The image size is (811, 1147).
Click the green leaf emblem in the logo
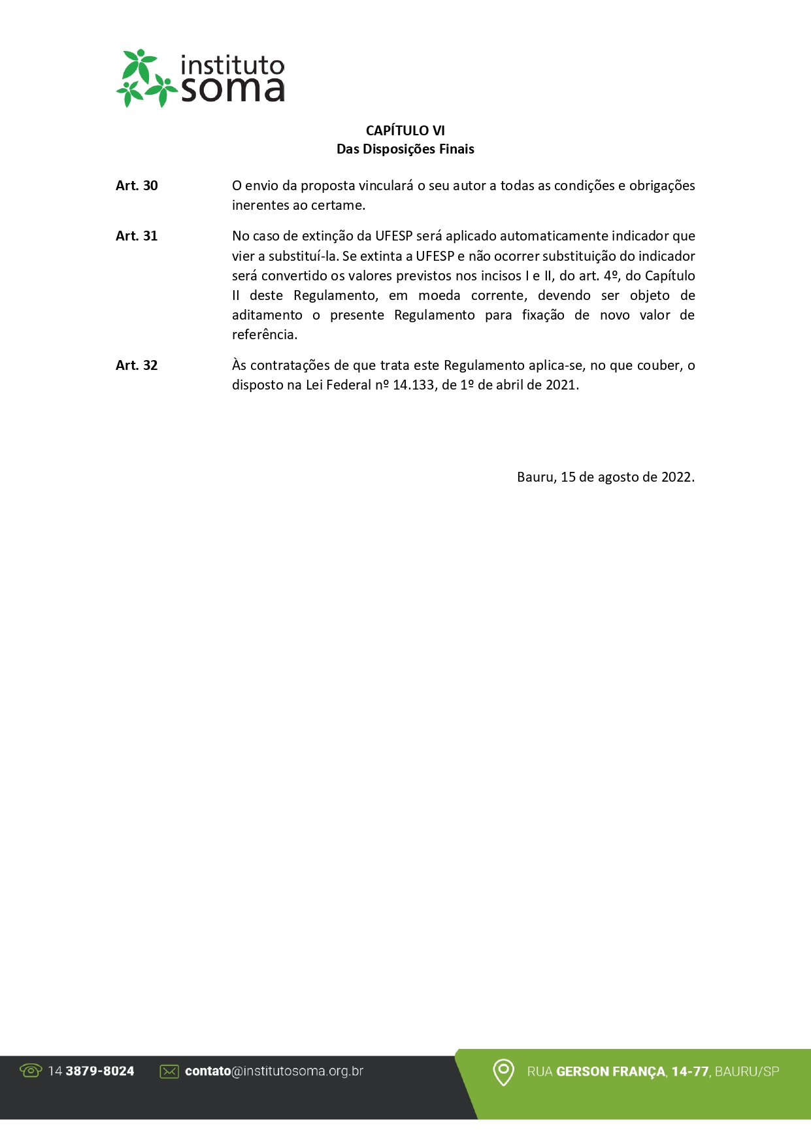click(146, 78)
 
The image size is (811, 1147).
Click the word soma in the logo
click(233, 90)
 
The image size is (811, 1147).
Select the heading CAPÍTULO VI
click(405, 131)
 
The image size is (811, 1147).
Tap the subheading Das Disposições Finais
click(405, 149)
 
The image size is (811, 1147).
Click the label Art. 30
click(137, 186)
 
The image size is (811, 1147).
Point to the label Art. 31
click(137, 236)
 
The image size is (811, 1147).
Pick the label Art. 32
click(137, 365)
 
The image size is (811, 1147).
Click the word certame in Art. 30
click(337, 205)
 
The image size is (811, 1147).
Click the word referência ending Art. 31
click(264, 335)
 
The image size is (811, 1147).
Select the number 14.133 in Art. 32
click(414, 385)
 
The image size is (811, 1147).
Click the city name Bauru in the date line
click(536, 477)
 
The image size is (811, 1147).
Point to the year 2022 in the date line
click(677, 477)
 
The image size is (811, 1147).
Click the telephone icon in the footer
click(31, 1071)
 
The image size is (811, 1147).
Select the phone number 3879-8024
click(100, 1071)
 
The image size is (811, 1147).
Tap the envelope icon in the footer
click(169, 1071)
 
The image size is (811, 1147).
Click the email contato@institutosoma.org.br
click(274, 1071)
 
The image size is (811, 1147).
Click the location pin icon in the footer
click(503, 1072)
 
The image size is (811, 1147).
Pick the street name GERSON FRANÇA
click(611, 1072)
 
